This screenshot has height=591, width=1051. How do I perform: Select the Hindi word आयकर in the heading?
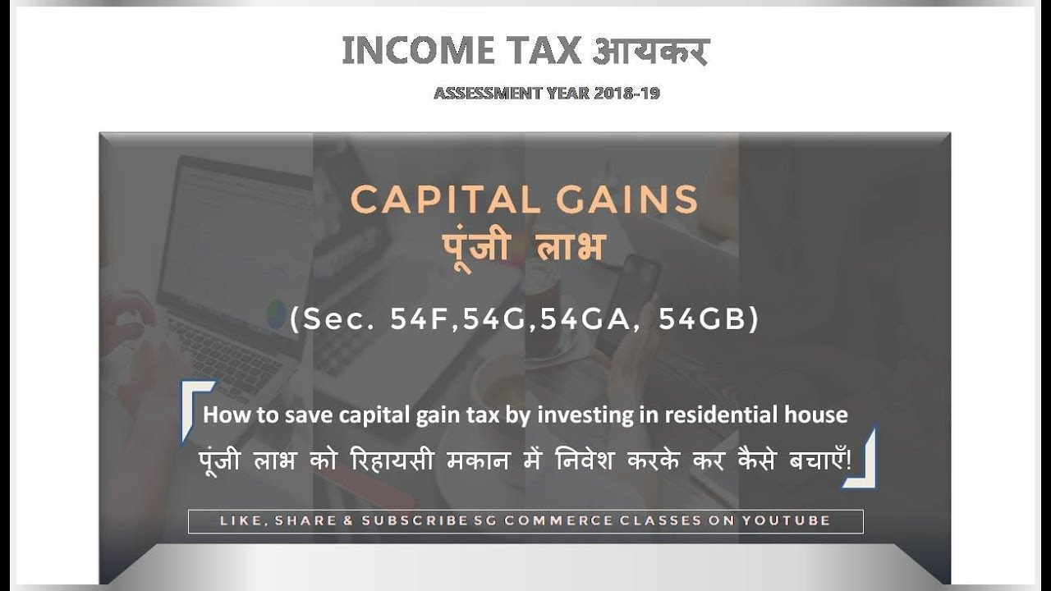coord(648,52)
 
